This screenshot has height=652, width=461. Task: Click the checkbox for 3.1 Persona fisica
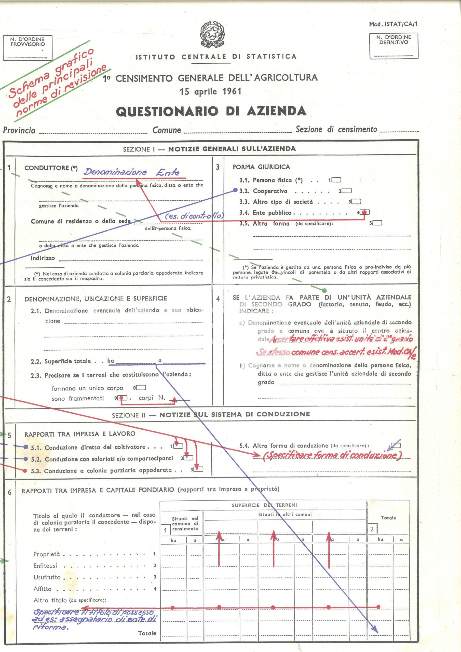coord(336,180)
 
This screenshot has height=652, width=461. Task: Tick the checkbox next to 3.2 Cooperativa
coord(347,191)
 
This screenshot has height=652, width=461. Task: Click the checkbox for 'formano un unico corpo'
coord(141,388)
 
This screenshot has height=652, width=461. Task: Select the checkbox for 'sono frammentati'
coord(123,398)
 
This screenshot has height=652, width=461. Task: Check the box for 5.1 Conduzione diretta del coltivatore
coord(178,446)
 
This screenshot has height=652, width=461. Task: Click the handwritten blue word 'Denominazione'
coord(115,172)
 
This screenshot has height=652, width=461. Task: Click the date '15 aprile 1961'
coord(210,92)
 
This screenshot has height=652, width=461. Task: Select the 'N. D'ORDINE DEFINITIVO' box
coord(394,46)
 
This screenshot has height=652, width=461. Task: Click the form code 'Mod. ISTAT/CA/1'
coord(393,24)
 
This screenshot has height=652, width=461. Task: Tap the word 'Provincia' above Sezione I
coord(19,130)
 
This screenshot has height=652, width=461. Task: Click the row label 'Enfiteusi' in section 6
coord(45,566)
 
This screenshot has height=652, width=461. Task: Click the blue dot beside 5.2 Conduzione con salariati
coord(26,459)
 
